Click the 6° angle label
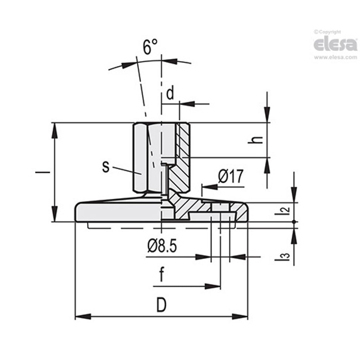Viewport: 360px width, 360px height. [150, 47]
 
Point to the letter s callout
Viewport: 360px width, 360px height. [106, 167]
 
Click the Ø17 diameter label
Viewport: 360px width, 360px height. [231, 177]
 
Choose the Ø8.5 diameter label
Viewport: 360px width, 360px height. [162, 246]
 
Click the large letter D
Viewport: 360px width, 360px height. [161, 305]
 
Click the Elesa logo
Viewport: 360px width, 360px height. [335, 44]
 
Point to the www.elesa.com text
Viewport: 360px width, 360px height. [335, 58]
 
